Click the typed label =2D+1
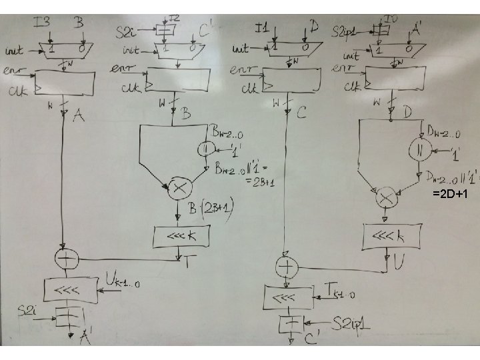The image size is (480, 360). (x=453, y=194)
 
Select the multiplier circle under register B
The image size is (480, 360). (x=178, y=189)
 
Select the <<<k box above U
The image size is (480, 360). (x=392, y=235)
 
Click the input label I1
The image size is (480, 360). (x=261, y=27)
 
